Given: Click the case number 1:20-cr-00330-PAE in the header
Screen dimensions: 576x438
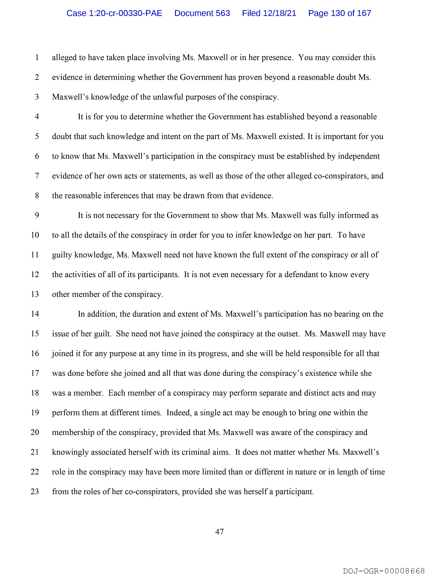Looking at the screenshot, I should click(x=114, y=13).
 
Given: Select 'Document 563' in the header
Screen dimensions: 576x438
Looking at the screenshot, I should click(x=202, y=13).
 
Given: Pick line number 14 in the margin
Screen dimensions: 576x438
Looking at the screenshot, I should click(x=35, y=314).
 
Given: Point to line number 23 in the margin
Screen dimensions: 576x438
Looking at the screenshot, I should click(x=35, y=492).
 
